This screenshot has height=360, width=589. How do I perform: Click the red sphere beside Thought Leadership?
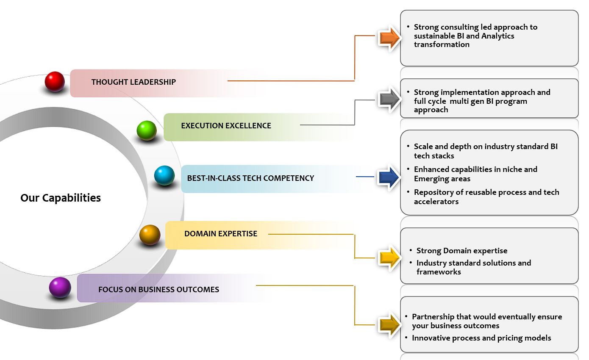point(55,81)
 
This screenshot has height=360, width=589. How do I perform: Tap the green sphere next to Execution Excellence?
point(147,130)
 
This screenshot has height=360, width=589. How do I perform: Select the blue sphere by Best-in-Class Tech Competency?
point(164,175)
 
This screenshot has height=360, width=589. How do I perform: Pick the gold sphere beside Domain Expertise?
point(150,235)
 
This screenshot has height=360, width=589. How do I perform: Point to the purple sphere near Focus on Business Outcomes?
point(60,288)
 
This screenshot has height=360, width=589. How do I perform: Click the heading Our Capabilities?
point(61,198)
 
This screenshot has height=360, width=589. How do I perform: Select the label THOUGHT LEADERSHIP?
point(133,82)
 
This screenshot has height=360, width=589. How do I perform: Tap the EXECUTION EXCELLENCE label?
point(226,126)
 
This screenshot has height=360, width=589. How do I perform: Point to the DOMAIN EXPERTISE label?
point(221,233)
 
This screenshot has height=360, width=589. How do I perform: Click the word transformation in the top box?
point(442,44)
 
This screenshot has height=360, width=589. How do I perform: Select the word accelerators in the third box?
point(436,202)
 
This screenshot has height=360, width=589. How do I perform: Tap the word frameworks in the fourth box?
point(439,272)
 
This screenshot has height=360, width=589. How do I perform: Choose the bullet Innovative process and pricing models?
point(481,338)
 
